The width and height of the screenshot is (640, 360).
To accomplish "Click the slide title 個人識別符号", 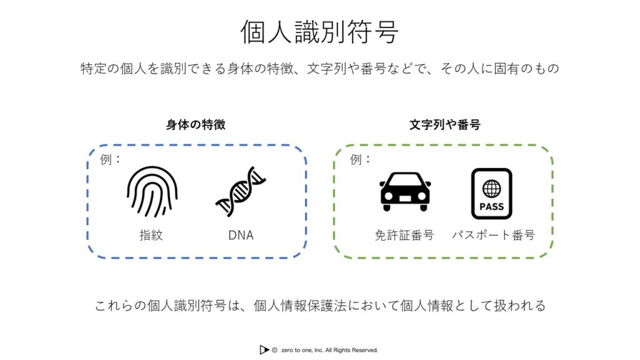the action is [319, 32].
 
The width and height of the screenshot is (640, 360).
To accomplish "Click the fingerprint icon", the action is [152, 191].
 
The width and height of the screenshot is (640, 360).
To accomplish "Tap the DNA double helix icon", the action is [241, 191].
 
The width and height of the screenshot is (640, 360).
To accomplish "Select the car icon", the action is [405, 191].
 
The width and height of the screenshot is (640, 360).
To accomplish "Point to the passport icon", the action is [491, 194].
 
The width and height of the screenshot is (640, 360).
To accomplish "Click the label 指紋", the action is [151, 235].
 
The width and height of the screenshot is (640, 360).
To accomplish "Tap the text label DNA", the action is [241, 235].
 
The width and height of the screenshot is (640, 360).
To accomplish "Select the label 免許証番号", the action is [404, 235].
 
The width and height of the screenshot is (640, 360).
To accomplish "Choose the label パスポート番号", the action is [494, 235].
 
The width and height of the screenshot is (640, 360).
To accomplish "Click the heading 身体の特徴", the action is [196, 124].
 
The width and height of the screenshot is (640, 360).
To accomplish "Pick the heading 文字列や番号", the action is [445, 124].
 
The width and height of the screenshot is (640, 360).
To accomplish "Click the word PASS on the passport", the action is [491, 206].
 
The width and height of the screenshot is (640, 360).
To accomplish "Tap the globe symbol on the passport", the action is [491, 189].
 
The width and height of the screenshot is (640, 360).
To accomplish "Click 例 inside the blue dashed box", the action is [106, 159].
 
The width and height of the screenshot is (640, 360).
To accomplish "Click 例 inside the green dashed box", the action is [356, 159].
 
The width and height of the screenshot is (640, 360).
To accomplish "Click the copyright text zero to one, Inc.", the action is [302, 350].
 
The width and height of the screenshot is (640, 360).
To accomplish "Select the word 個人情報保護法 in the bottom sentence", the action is [300, 305].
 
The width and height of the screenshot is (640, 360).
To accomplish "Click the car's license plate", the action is [405, 198].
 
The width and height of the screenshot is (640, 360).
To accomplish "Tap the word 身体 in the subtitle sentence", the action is [241, 69].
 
